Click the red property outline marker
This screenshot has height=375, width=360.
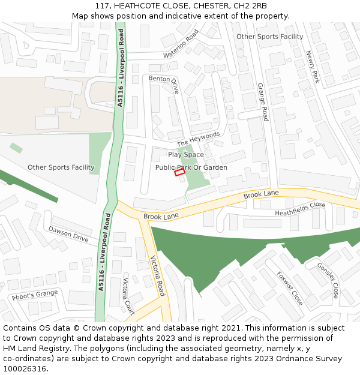pyautogui.click(x=179, y=172)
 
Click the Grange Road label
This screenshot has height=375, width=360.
pyautogui.click(x=262, y=102)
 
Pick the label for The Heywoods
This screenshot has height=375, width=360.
pyautogui.click(x=199, y=139)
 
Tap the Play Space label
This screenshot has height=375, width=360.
pyautogui.click(x=186, y=155)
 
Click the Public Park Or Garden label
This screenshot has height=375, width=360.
pyautogui.click(x=191, y=167)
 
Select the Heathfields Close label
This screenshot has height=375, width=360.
pyautogui.click(x=300, y=209)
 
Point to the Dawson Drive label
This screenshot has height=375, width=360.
pyautogui.click(x=68, y=234)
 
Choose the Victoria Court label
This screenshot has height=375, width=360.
pyautogui.click(x=128, y=296)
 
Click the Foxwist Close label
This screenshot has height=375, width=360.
pyautogui.click(x=289, y=287)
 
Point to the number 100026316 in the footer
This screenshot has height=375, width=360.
pyautogui.click(x=24, y=369)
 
